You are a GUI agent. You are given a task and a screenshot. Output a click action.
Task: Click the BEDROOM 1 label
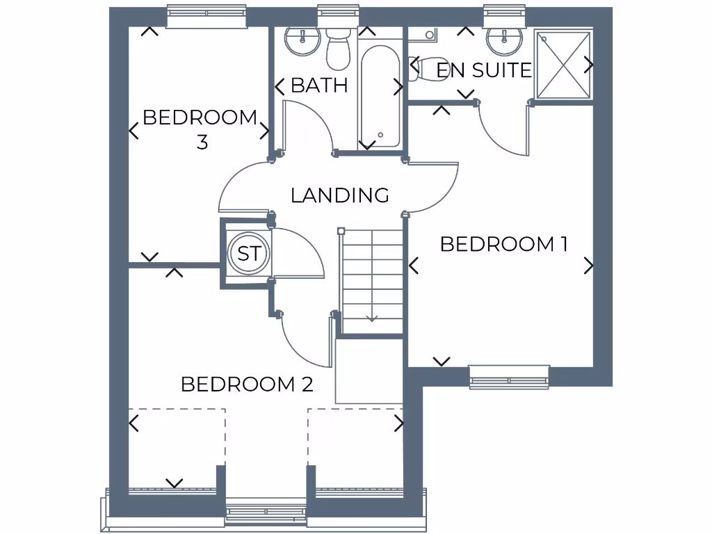[504, 244]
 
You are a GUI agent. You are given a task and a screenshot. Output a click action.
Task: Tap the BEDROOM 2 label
[247, 384]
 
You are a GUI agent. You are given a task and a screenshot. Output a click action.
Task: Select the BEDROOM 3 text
[200, 129]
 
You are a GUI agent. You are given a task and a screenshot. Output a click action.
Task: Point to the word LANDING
[339, 195]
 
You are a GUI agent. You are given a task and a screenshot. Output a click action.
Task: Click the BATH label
[319, 86]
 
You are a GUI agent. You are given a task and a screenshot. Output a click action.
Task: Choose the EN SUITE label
[483, 70]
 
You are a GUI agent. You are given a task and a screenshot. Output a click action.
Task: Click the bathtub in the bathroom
[380, 94]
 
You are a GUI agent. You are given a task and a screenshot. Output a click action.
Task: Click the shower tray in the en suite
[563, 64]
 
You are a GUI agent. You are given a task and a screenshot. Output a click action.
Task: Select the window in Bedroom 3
[207, 17]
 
